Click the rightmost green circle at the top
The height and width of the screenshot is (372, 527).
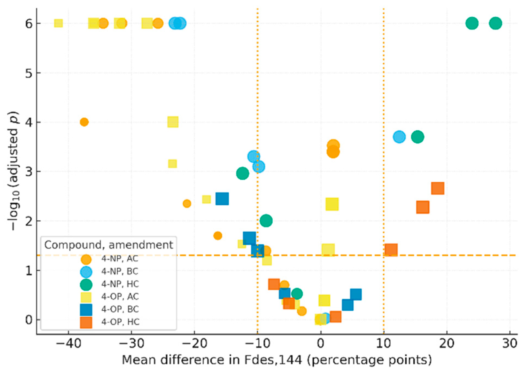point(495,23)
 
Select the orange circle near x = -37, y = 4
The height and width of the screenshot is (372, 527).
point(84,122)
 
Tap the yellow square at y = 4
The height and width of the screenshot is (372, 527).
point(173,122)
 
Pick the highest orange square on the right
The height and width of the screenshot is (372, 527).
point(438,188)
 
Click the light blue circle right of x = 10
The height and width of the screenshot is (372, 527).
point(399,137)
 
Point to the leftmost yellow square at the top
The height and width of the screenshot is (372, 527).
point(58,23)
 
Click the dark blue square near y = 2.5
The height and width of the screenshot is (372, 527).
point(222,199)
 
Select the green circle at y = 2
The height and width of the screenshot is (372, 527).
point(266,220)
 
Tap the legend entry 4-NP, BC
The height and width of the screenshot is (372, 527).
point(120,271)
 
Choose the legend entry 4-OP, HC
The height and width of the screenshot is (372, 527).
point(120,322)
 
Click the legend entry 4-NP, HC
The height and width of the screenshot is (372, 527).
point(120,284)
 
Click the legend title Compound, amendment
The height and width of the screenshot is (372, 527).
point(109,245)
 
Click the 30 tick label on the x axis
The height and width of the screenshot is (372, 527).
point(510,343)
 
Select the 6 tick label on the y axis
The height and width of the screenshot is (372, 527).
point(29,24)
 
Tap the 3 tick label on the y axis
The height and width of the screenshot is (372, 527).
point(29,172)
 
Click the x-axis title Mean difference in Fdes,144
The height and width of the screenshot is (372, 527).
point(276,360)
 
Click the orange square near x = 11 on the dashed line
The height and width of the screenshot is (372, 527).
point(391,250)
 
